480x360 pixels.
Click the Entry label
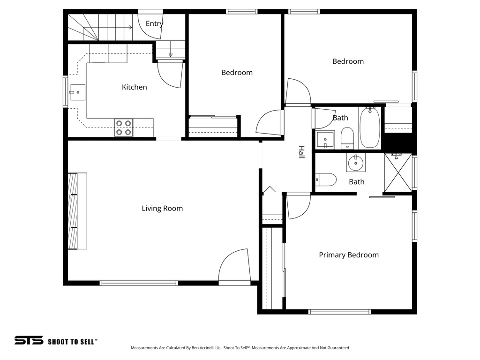[x=154, y=23]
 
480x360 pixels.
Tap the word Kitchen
[x=134, y=87]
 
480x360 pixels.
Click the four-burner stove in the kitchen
[x=123, y=127]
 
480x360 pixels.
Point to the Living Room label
[x=162, y=209]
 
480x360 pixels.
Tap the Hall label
[x=301, y=152]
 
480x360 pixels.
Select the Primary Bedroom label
[x=348, y=255]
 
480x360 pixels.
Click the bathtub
[x=371, y=127]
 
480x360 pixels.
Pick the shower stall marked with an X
[x=397, y=172]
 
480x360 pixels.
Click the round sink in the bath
[x=356, y=164]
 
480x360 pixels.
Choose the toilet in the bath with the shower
[x=326, y=180]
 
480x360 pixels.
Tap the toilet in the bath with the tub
[x=347, y=137]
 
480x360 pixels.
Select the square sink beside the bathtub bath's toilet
[x=325, y=139]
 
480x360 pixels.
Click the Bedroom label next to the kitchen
[x=237, y=73]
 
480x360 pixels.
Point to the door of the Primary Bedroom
[x=298, y=206]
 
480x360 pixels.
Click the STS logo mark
[x=29, y=341]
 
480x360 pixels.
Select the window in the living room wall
[x=139, y=283]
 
